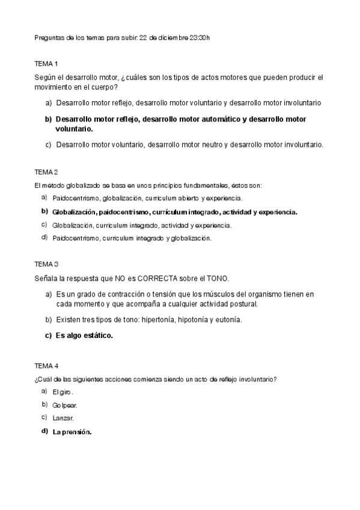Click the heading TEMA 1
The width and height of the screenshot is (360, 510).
(46, 63)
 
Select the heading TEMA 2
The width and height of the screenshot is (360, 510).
(46, 172)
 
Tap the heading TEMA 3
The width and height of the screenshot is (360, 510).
(46, 264)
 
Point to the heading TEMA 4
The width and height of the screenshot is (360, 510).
(46, 366)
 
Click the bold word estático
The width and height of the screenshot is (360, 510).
(96, 336)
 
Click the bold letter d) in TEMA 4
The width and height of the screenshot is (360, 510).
(44, 431)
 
